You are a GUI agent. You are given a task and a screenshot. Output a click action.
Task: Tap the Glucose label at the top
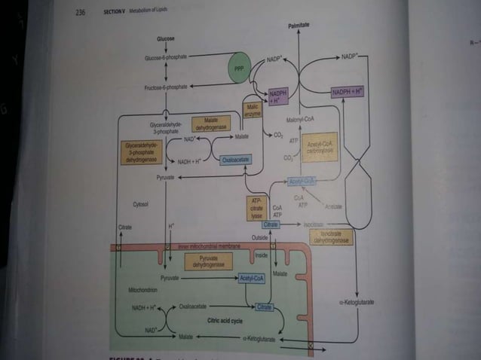pos(166,38)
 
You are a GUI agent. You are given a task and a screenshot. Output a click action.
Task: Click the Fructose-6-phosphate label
pos(165,87)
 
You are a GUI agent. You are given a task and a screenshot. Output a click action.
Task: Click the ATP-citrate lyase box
pos(256,208)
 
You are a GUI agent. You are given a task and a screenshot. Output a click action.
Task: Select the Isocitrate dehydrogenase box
pos(329,238)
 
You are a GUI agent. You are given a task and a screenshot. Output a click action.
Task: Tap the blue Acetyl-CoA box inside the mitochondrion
pos(255,279)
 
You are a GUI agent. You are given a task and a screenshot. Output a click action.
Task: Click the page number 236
pos(80,13)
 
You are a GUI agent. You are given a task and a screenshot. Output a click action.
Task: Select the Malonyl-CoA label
pos(299,120)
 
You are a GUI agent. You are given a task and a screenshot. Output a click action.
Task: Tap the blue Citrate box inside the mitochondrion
pos(264,307)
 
